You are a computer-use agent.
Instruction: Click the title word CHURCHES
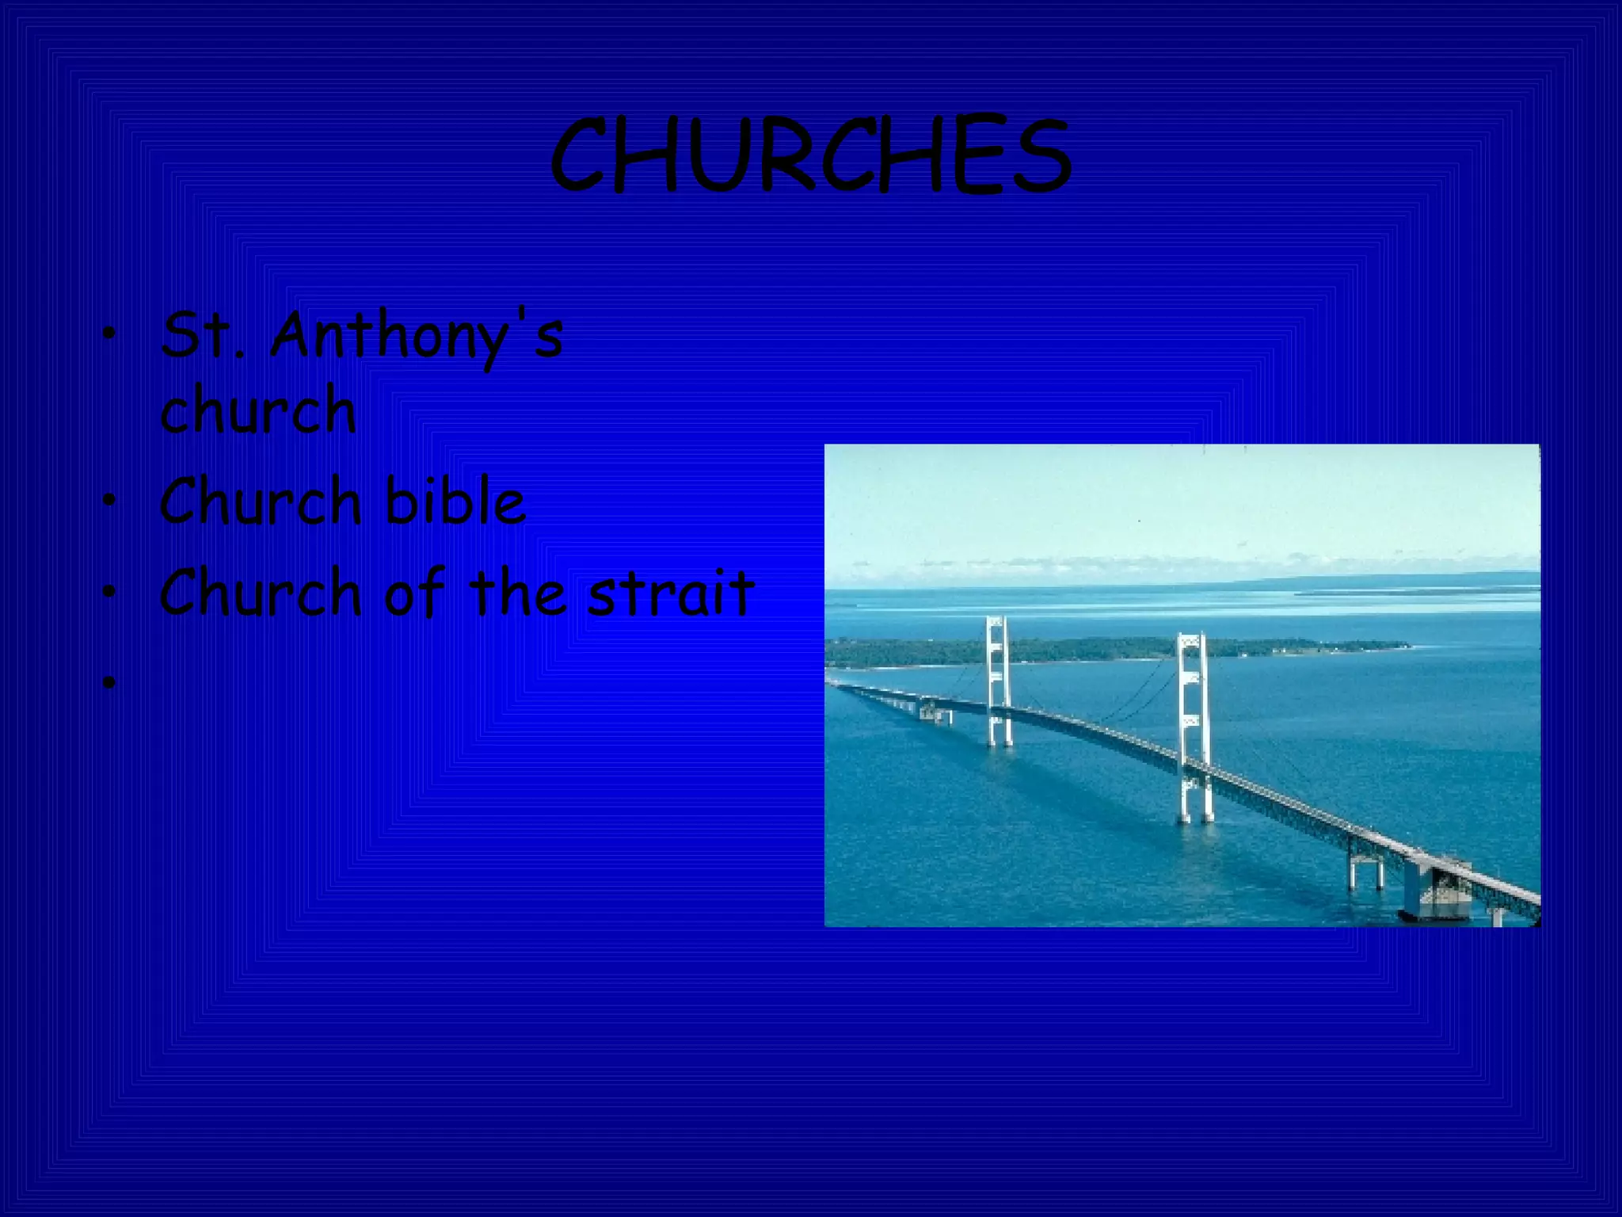tap(810, 156)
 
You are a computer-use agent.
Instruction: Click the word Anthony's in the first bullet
tap(417, 337)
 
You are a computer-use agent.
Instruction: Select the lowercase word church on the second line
tap(257, 410)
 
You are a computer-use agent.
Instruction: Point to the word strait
tap(670, 593)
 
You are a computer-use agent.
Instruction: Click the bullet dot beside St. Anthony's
tap(109, 338)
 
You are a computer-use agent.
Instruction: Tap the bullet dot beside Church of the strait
tap(109, 593)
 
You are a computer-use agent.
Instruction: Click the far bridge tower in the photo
tap(997, 681)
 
